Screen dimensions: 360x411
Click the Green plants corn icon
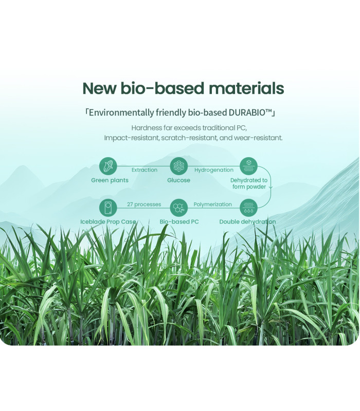tap(108, 166)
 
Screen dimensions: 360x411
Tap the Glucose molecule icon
tap(178, 166)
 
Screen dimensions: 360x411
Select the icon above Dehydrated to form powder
tap(248, 166)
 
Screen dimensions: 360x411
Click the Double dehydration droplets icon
tap(248, 208)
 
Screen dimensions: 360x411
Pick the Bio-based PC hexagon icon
tap(178, 208)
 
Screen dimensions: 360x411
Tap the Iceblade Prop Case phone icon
tap(108, 208)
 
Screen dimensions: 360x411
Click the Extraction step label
tap(145, 170)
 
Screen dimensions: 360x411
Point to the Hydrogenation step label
tap(214, 170)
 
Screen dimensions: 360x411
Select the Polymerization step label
tap(213, 204)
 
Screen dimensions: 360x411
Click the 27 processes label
tap(144, 204)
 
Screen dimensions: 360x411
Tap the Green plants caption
tap(110, 180)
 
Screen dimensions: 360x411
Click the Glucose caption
tap(178, 180)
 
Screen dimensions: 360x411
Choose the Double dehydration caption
tap(247, 222)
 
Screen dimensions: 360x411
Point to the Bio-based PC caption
tap(179, 222)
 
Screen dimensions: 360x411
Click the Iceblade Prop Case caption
tap(108, 222)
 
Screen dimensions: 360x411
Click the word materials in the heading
tap(246, 88)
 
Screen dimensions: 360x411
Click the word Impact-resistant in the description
tap(132, 138)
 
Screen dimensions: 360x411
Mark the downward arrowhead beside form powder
tap(271, 188)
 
